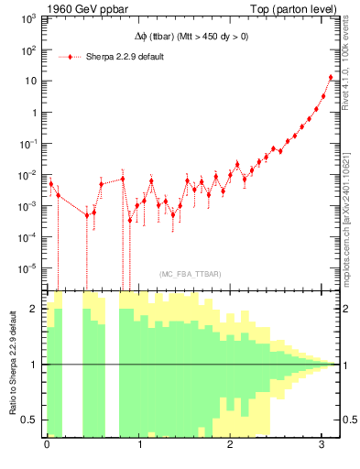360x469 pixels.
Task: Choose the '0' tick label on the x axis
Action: pos(47,446)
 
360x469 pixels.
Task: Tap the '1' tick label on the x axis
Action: pos(139,446)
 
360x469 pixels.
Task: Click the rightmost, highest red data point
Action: pos(331,78)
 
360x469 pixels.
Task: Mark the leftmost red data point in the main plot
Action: pos(51,183)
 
